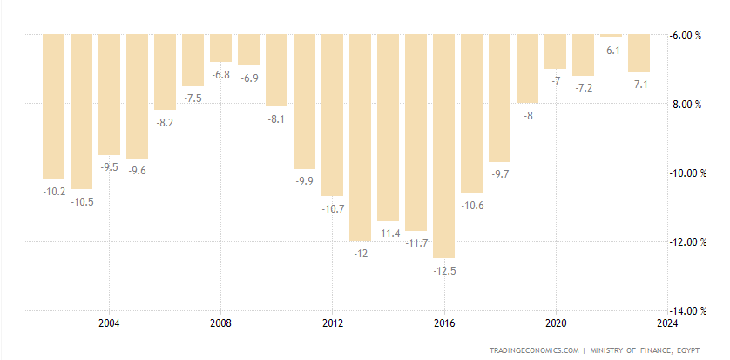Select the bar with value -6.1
click(x=612, y=36)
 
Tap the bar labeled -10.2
click(x=54, y=105)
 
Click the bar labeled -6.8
click(x=220, y=48)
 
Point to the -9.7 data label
click(x=500, y=175)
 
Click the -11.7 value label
click(x=416, y=242)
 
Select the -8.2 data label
click(x=165, y=122)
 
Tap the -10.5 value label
click(x=82, y=201)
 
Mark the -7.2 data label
click(x=584, y=88)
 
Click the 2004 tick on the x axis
click(x=109, y=324)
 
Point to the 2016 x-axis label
click(x=444, y=324)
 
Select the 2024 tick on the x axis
click(x=667, y=324)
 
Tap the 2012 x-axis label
click(x=332, y=324)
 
